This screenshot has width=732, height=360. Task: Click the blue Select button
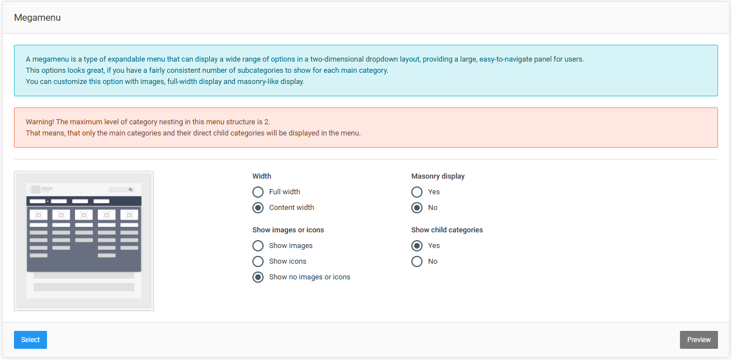tap(30, 340)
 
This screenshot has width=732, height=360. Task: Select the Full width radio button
tap(258, 192)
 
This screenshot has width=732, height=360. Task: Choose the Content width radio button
tap(258, 208)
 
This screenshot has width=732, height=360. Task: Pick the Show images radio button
tap(258, 246)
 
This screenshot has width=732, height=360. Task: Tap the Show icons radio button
tap(258, 261)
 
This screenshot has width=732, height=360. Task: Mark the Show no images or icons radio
tap(258, 277)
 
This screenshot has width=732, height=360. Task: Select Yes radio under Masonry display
tap(417, 192)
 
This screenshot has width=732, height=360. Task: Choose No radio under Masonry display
tap(417, 208)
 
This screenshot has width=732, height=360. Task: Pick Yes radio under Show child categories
tap(417, 246)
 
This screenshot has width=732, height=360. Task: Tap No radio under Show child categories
tap(417, 261)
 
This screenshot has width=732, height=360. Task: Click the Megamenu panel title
tap(37, 17)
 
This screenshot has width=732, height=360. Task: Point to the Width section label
tap(262, 176)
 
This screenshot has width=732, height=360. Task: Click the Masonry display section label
tap(438, 176)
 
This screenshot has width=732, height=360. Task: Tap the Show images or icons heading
tap(288, 230)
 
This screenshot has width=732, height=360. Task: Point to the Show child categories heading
tap(447, 230)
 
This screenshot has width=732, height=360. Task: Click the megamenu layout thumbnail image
tap(84, 241)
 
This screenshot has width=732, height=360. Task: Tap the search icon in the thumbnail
tap(130, 190)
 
